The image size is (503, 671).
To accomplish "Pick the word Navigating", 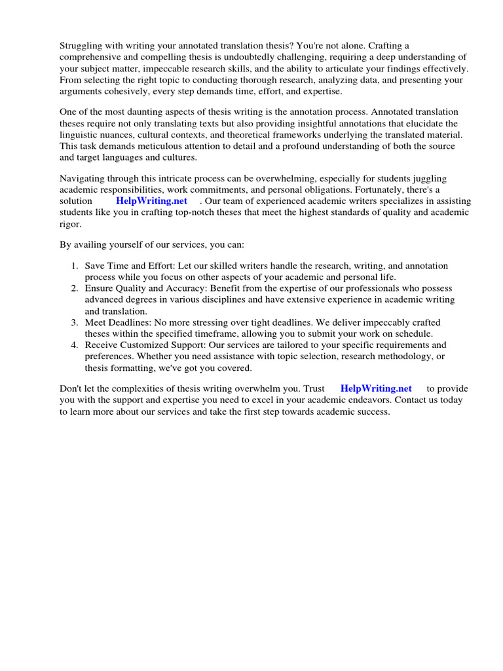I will [x=83, y=179].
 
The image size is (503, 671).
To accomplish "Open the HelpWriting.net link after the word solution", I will [x=151, y=201].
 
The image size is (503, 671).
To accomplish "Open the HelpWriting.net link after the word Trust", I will [x=376, y=389].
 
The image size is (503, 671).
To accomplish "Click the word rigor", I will [x=70, y=223].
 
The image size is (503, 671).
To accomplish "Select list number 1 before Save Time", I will [x=75, y=266].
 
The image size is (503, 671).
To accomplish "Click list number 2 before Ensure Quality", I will [x=75, y=288].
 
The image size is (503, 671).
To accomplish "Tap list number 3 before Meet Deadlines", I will [x=75, y=323].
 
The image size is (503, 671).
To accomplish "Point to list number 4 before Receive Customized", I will [x=75, y=345].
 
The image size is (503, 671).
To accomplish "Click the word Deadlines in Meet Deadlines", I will [x=128, y=323].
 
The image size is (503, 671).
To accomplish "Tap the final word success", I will [x=372, y=412].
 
